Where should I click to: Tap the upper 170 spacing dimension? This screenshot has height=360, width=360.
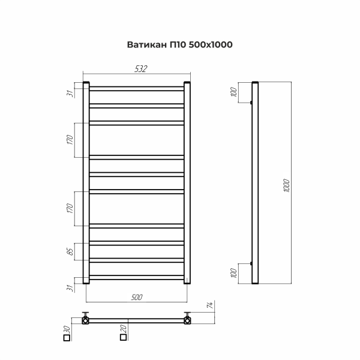(70, 140)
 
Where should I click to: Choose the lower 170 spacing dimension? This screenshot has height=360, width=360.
(70, 208)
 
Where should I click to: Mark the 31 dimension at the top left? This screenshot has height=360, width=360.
(70, 93)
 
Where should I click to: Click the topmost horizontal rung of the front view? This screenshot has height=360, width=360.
(137, 89)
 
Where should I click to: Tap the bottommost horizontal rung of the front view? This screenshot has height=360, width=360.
(137, 277)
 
